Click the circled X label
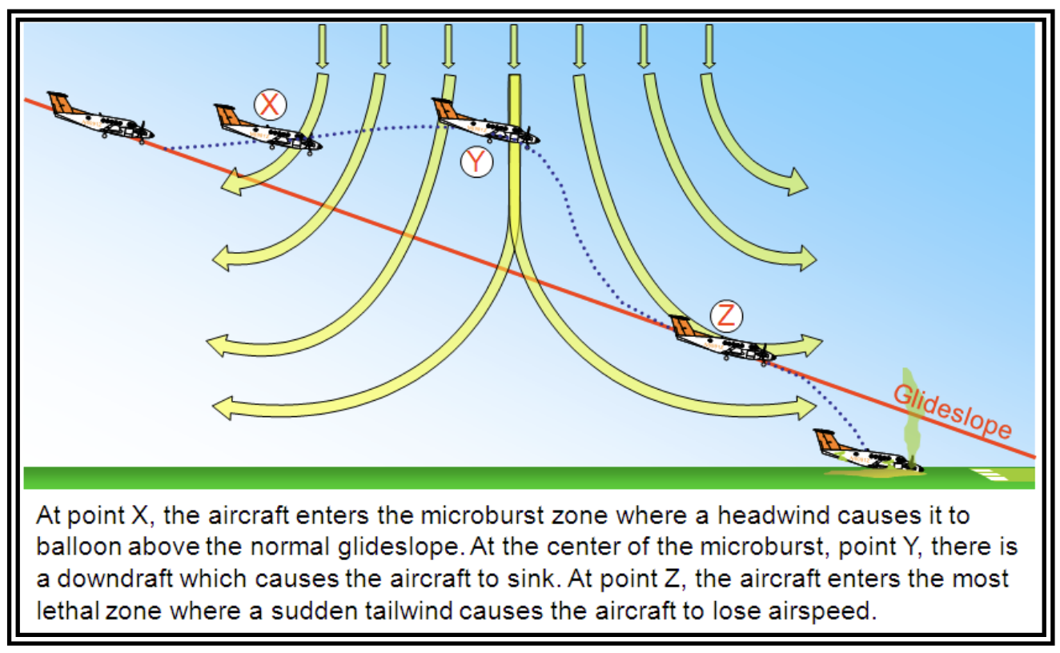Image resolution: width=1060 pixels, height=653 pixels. [x=271, y=104]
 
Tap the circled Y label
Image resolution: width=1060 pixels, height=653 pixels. [x=476, y=162]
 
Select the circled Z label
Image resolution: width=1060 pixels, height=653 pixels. [x=726, y=315]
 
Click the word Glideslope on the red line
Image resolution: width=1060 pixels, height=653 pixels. [x=952, y=411]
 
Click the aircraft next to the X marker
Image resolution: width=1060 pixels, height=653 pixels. [x=268, y=129]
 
